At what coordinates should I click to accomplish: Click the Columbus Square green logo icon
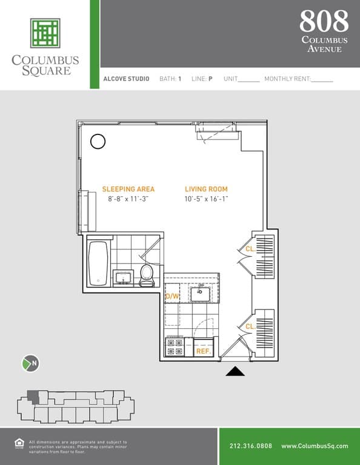tap(45, 33)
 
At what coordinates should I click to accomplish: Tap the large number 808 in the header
tap(324, 22)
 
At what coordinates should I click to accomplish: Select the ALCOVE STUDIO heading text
tap(126, 79)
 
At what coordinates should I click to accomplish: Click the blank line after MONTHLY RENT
tap(322, 79)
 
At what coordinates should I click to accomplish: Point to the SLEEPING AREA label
tap(128, 189)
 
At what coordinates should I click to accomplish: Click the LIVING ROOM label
tap(206, 189)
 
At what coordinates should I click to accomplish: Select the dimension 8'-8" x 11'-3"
tap(128, 199)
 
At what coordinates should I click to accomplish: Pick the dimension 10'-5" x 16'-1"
tap(206, 199)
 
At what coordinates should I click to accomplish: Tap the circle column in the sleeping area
tap(98, 142)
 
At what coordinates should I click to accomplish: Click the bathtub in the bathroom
tap(98, 263)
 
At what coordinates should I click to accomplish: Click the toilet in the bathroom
tap(147, 274)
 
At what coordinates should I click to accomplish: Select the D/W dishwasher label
tap(172, 296)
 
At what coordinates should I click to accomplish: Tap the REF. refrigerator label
tap(203, 351)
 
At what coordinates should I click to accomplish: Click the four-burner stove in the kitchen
tap(175, 347)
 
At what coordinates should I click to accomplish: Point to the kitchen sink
tap(200, 294)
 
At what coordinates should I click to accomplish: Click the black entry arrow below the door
tap(235, 371)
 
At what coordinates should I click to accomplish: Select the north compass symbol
tap(30, 363)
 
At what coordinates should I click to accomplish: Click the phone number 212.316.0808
tap(251, 446)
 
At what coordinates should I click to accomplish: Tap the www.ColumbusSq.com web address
tap(314, 446)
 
